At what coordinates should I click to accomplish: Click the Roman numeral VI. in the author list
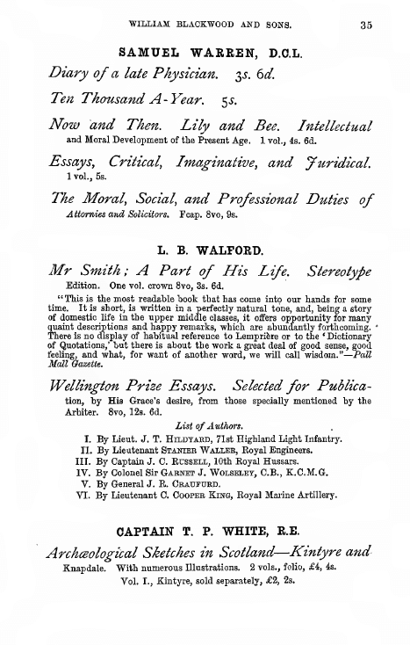coord(90,496)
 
